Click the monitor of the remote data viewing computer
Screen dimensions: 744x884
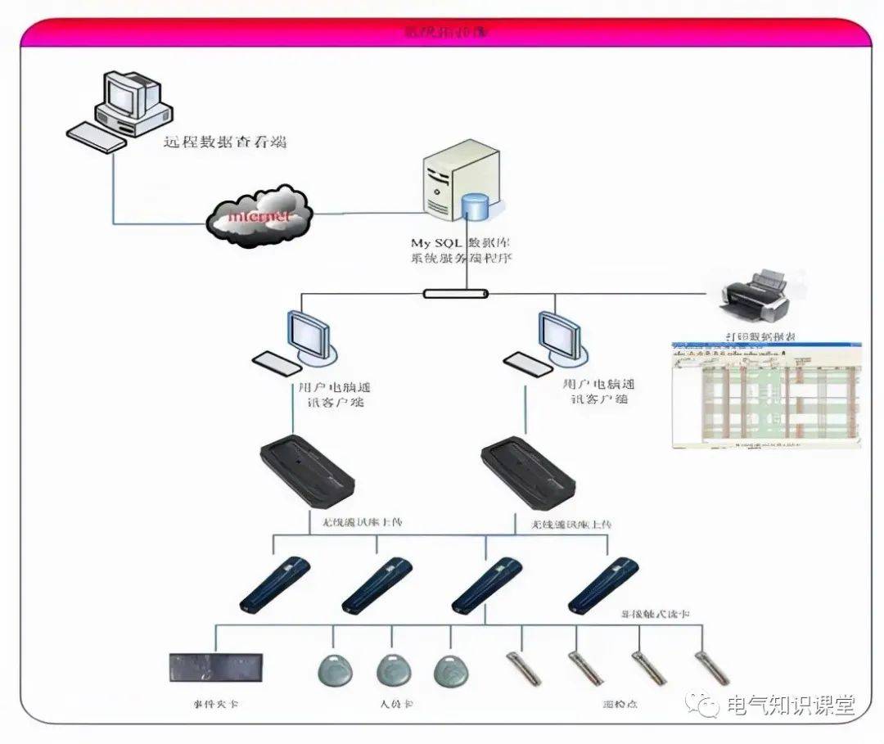coord(125,94)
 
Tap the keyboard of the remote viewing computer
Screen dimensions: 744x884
coord(96,137)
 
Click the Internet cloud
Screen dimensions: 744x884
coord(259,214)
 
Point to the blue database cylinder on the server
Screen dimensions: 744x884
coord(474,205)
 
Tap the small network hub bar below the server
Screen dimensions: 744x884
coord(456,293)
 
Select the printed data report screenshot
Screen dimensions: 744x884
coord(765,395)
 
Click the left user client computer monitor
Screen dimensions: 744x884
coord(308,336)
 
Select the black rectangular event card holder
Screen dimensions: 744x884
coord(216,667)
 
